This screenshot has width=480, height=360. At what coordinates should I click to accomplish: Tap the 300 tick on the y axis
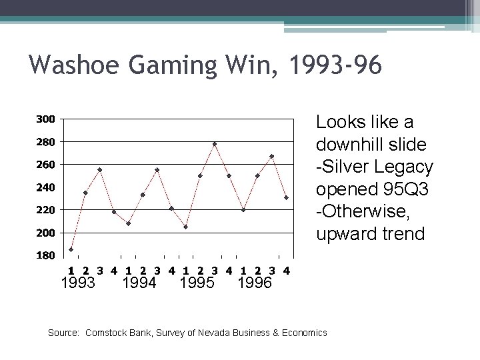(45, 119)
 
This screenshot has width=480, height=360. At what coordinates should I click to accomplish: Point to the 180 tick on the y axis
(45, 255)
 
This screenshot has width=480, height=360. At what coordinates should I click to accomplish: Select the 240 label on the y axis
(45, 187)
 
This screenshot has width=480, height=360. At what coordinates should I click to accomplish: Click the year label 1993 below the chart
(78, 283)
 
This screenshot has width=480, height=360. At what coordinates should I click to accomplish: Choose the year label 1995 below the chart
(197, 283)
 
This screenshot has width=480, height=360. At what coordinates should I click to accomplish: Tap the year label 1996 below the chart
(255, 283)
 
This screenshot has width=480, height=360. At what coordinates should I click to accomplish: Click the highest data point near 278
(215, 144)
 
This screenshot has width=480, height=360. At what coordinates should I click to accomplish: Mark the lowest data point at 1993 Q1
(71, 249)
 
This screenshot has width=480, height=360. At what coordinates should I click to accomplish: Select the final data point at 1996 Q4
(286, 197)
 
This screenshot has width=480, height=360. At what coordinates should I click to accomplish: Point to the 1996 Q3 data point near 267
(272, 157)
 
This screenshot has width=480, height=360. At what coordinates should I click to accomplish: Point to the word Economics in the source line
(303, 332)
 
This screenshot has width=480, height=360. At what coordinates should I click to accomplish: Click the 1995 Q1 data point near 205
(186, 227)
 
